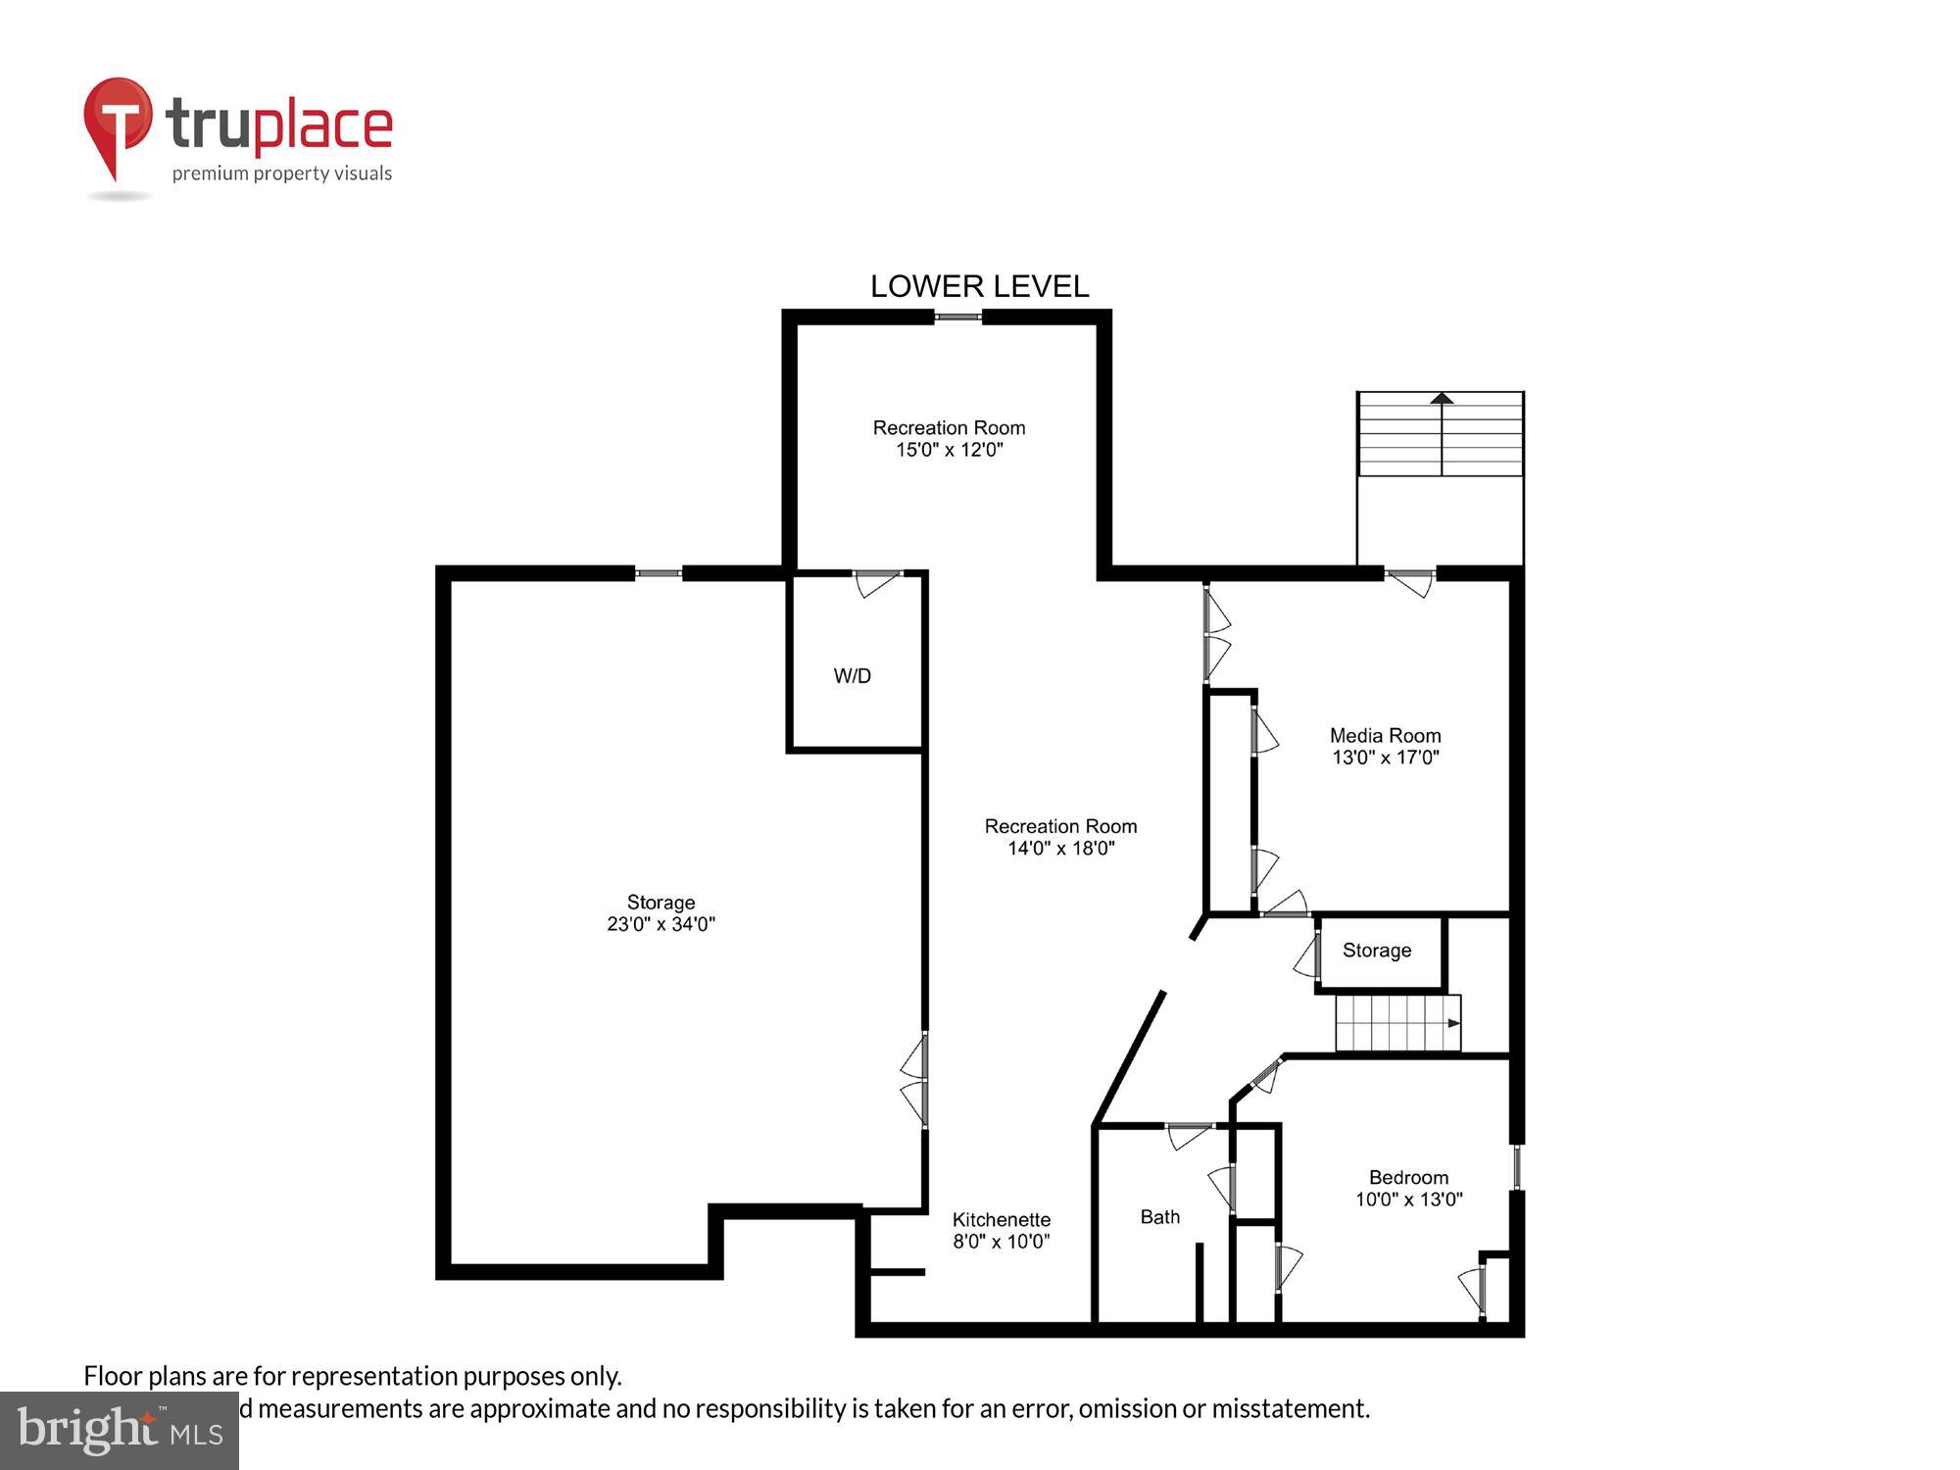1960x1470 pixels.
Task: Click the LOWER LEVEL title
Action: pyautogui.click(x=979, y=286)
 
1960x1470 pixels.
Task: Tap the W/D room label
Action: pyautogui.click(x=852, y=676)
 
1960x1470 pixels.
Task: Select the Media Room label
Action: pyautogui.click(x=1385, y=735)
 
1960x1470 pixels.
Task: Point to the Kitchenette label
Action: pyautogui.click(x=1001, y=1219)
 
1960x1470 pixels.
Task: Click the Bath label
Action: pyautogui.click(x=1159, y=1217)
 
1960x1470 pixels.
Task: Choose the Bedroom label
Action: pyautogui.click(x=1408, y=1177)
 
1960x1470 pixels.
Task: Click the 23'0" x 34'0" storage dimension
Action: pyautogui.click(x=661, y=924)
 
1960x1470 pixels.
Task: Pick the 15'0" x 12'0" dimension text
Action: pyautogui.click(x=949, y=450)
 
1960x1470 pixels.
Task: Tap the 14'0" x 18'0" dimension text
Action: pyautogui.click(x=1060, y=849)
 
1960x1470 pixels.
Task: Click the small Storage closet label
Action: pyautogui.click(x=1376, y=951)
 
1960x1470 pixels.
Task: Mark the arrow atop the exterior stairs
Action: pyautogui.click(x=1441, y=398)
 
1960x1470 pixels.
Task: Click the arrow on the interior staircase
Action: pyautogui.click(x=1454, y=1023)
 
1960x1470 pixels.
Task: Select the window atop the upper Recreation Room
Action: pyautogui.click(x=957, y=317)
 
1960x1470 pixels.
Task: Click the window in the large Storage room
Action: pyautogui.click(x=658, y=573)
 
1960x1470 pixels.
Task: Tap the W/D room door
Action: pyautogui.click(x=877, y=582)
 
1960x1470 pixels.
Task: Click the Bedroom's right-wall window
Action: pyautogui.click(x=1516, y=1166)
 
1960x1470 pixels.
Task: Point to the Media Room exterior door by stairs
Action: pyautogui.click(x=1410, y=582)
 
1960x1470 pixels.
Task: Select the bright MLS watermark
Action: pyautogui.click(x=119, y=1431)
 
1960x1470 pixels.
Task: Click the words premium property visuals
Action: pyautogui.click(x=282, y=174)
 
